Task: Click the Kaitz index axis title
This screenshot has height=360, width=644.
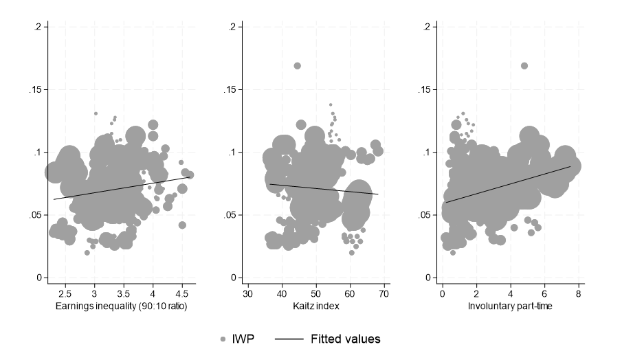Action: pyautogui.click(x=315, y=306)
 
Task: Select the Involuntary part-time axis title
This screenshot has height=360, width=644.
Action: pyautogui.click(x=511, y=306)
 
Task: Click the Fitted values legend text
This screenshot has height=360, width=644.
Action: pyautogui.click(x=345, y=339)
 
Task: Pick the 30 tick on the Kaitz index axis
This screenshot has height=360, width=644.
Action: pyautogui.click(x=247, y=294)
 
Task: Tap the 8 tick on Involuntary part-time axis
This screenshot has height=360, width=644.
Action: pyautogui.click(x=579, y=294)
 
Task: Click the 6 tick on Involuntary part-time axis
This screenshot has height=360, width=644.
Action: pyautogui.click(x=545, y=294)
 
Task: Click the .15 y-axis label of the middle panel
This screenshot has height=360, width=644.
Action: pyautogui.click(x=232, y=90)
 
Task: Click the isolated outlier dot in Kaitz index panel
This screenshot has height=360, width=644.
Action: pyautogui.click(x=298, y=66)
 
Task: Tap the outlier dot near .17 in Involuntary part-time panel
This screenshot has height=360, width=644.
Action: pyautogui.click(x=524, y=66)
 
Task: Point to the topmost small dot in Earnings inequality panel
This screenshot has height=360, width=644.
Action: pyautogui.click(x=96, y=113)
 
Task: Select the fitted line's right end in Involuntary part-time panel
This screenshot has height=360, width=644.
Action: pyautogui.click(x=570, y=166)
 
